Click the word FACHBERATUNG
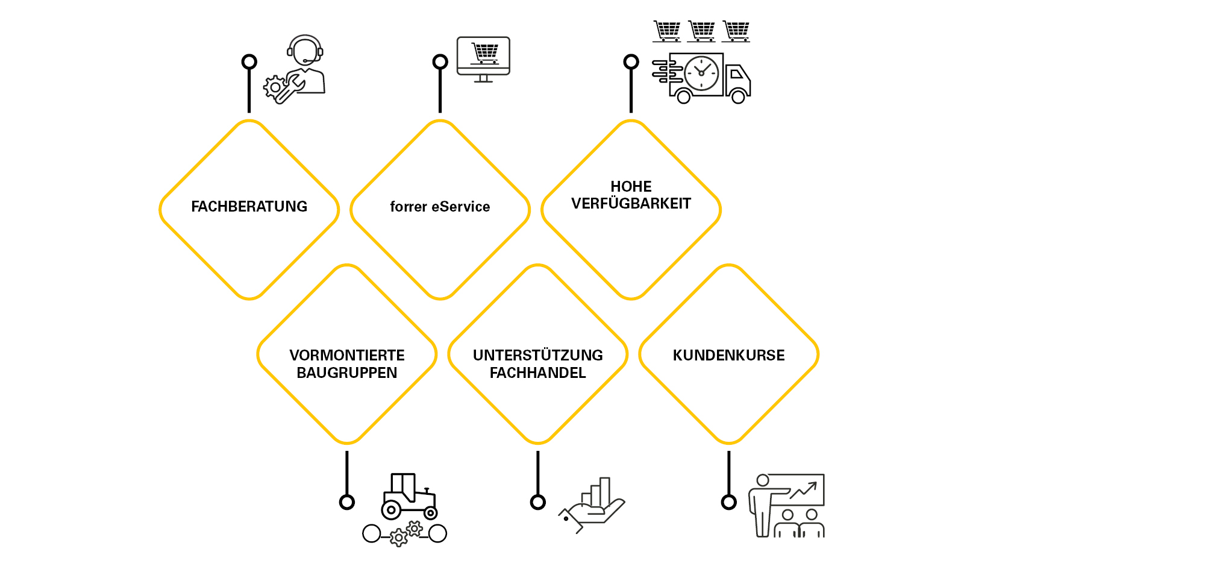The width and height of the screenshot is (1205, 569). point(249,207)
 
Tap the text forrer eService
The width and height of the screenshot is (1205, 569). point(440,207)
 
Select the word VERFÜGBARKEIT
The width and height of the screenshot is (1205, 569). point(631,204)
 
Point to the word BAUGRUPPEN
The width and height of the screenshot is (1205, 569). point(346,373)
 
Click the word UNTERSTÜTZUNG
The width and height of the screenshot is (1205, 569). point(537,356)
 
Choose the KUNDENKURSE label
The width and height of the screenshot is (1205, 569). point(728,356)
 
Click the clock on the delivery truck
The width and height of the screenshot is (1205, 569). point(701,73)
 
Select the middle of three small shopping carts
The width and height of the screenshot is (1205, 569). point(702,31)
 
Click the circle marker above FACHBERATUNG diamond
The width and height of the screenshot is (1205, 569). point(249,61)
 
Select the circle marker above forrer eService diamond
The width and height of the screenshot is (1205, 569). point(440,61)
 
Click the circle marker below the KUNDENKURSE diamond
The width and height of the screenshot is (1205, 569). point(728,501)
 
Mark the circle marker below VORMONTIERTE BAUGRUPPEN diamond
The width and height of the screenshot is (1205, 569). point(346,501)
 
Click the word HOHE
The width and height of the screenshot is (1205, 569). point(631,187)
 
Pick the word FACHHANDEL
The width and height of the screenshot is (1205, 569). point(537,373)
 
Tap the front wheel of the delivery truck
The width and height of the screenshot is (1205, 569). point(738,96)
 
